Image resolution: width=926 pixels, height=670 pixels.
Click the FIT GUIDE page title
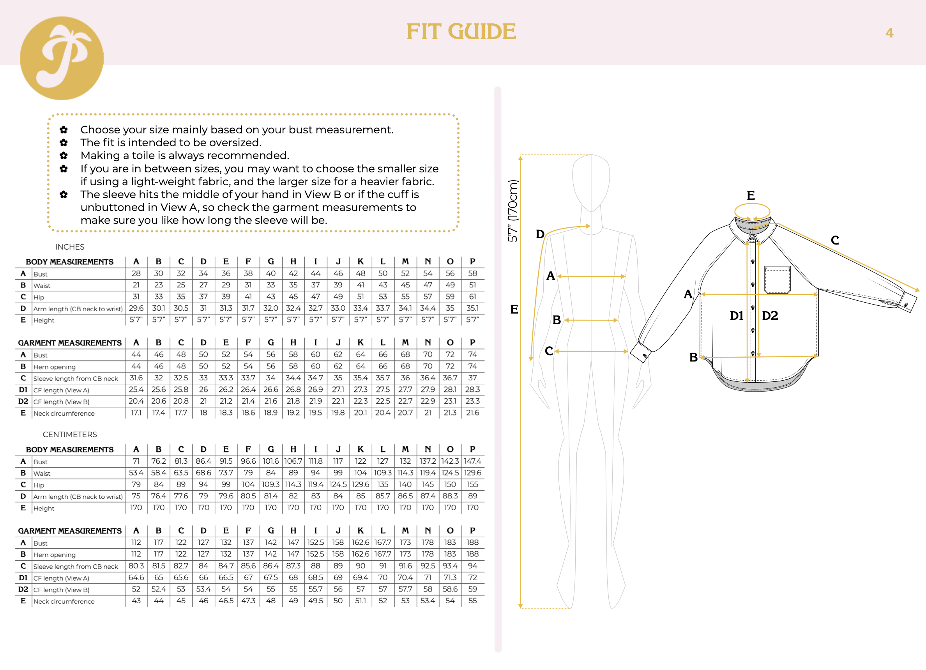461,32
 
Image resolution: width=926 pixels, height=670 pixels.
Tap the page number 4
889,33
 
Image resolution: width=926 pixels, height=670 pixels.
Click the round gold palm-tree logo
62,58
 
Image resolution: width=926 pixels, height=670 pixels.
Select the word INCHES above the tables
70,247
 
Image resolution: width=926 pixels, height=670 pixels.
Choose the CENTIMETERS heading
70,434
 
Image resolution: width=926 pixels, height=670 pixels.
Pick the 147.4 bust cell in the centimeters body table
472,461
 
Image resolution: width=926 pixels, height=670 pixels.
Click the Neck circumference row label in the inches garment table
64,413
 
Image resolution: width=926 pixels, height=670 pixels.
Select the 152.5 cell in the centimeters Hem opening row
316,555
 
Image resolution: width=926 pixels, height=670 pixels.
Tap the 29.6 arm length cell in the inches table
136,308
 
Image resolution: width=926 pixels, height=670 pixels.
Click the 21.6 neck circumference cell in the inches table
472,413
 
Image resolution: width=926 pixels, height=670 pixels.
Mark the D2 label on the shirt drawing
770,316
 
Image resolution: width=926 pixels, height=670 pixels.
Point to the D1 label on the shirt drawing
737,316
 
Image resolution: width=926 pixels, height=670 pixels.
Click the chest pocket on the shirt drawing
778,280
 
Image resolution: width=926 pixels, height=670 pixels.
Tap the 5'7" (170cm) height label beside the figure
512,211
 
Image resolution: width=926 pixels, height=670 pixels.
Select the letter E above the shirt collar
751,195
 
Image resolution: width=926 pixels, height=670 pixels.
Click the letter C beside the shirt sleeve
834,240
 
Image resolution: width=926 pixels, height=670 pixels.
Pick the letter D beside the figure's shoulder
540,234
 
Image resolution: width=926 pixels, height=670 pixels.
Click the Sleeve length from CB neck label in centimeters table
76,567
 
